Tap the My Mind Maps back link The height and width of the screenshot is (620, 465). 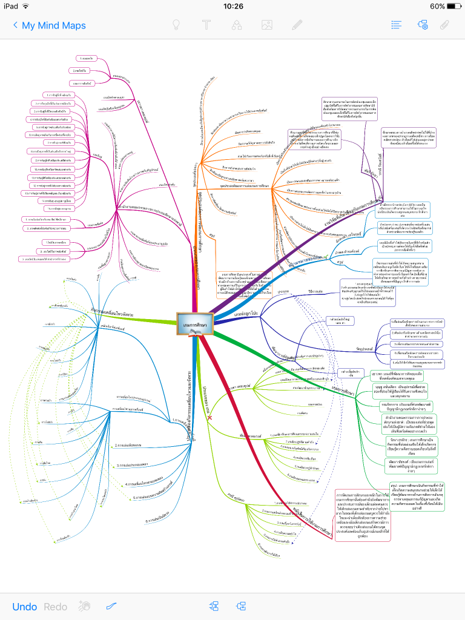49,25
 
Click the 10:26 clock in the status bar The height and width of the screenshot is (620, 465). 233,6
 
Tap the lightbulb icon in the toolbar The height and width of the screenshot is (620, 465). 177,25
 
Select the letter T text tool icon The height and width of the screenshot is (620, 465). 206,25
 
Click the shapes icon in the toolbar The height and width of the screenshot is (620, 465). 237,25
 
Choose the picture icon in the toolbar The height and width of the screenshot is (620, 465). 266,25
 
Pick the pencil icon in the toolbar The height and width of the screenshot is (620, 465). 296,25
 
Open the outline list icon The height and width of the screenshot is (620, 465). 397,25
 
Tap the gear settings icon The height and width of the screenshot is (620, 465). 422,25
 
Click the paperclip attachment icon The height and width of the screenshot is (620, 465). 444,25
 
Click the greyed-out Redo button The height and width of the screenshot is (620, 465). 56,607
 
